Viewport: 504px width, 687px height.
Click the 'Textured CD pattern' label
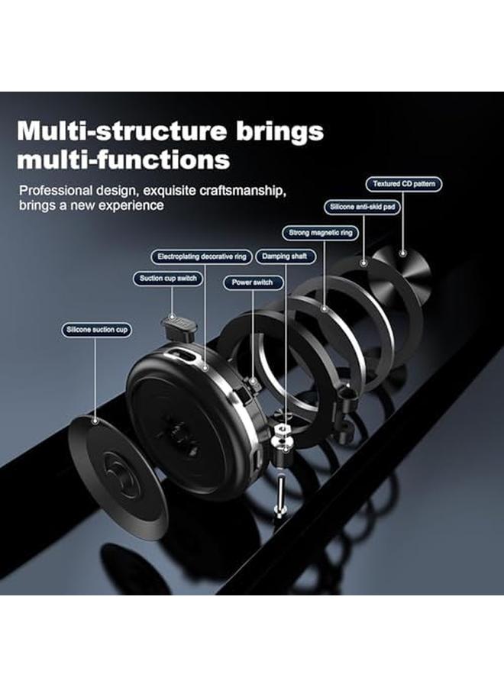(x=404, y=184)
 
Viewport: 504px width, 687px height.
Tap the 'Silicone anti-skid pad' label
(x=363, y=207)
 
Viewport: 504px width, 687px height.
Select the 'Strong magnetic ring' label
(x=321, y=233)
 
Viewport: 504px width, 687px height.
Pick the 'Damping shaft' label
(x=286, y=256)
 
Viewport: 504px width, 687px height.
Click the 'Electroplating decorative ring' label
(x=202, y=256)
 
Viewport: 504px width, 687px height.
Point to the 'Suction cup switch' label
(x=168, y=279)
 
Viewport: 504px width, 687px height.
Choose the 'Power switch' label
(x=253, y=282)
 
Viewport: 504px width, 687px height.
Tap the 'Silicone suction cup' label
(x=97, y=330)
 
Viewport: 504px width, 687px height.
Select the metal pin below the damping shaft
(x=279, y=495)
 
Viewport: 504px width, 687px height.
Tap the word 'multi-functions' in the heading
(x=124, y=160)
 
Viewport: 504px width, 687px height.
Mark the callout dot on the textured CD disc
(x=403, y=253)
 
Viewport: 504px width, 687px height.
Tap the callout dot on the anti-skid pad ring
(x=363, y=263)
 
